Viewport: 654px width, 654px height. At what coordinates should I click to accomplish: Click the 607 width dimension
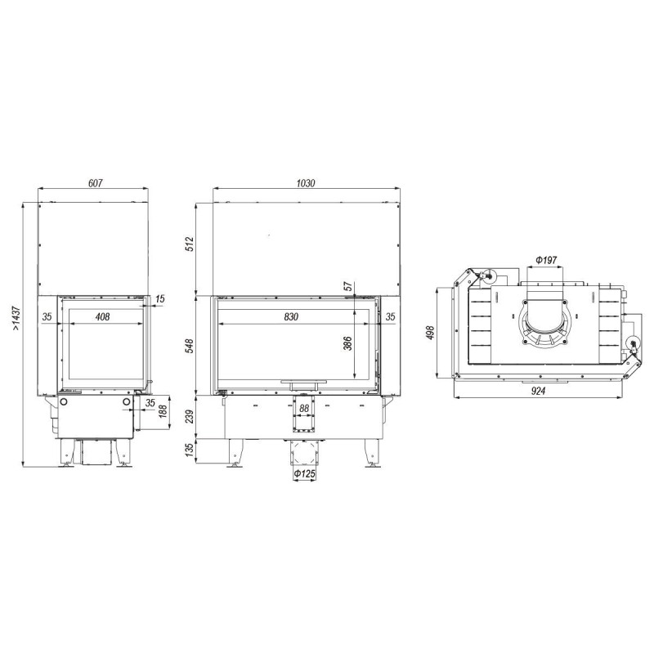click(96, 182)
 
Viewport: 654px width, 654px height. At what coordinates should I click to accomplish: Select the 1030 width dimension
click(306, 183)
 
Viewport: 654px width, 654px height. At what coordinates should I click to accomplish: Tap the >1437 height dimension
click(16, 318)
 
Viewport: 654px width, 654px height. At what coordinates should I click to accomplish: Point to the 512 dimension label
click(190, 244)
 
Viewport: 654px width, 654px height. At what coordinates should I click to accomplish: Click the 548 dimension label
click(190, 346)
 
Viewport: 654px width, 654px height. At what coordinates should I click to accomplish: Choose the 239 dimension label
click(190, 416)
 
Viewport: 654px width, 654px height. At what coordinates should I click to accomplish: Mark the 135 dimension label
click(190, 450)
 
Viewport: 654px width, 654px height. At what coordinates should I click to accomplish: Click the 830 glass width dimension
click(291, 316)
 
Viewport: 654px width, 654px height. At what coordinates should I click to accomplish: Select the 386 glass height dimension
click(348, 343)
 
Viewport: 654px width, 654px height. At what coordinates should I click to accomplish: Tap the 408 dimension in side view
click(103, 316)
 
